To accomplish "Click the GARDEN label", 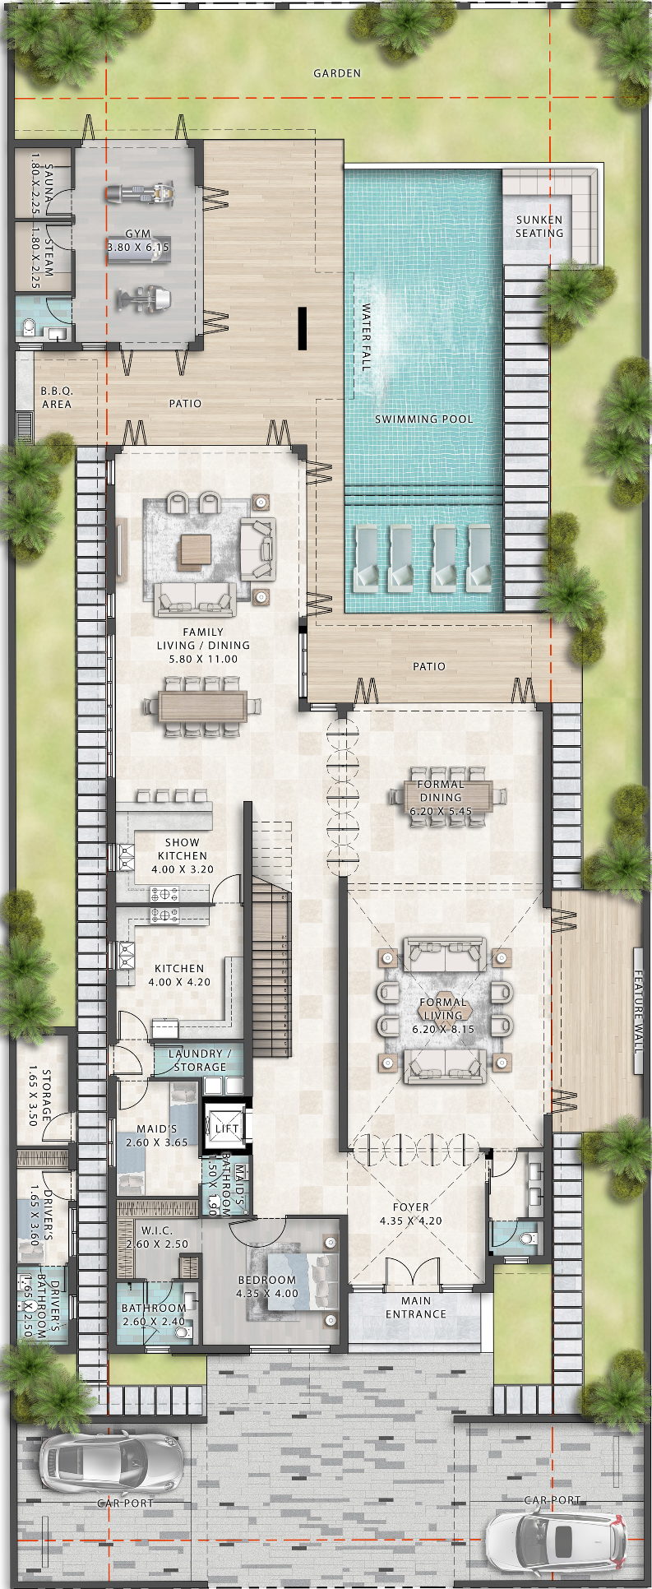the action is click(x=337, y=73).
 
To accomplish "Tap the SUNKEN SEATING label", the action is click(x=539, y=226).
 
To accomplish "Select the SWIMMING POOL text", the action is click(x=424, y=419).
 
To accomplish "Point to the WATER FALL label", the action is click(x=366, y=337).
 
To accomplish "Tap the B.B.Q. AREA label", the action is click(x=57, y=397).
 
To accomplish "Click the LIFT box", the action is click(x=226, y=1128).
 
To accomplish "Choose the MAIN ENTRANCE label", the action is click(x=416, y=1307).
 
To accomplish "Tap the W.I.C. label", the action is click(x=156, y=1230).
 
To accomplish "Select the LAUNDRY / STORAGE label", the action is click(x=200, y=1060).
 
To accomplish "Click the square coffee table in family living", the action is click(x=196, y=550).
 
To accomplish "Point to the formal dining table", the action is click(x=448, y=796).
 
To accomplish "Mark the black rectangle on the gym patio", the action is click(x=302, y=328).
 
